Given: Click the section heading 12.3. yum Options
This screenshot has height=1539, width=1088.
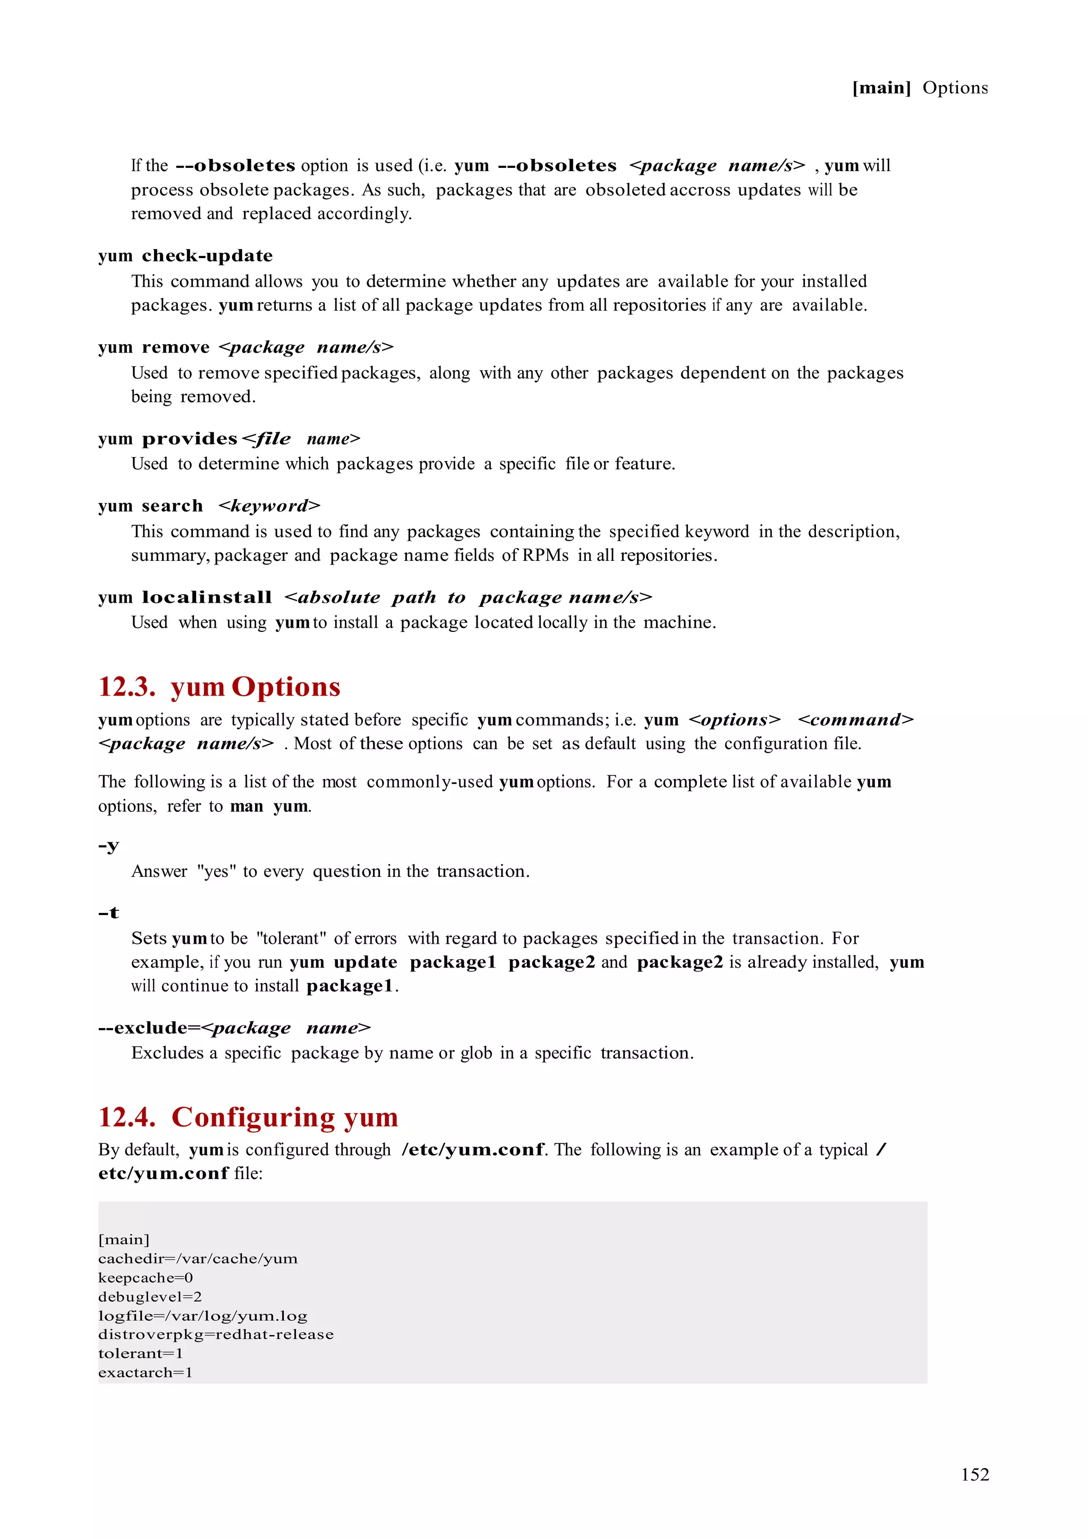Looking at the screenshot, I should click(x=219, y=687).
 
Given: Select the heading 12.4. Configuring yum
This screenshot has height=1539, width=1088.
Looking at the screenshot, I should click(x=248, y=1117).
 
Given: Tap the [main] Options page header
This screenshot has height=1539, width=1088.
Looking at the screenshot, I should click(x=919, y=88).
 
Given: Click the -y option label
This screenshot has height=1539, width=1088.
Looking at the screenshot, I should click(x=108, y=845).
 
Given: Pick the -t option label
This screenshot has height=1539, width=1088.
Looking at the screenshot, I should click(x=108, y=913).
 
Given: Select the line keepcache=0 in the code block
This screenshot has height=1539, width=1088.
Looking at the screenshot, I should click(x=146, y=1278).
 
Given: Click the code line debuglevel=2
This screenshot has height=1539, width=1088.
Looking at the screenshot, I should click(x=149, y=1296).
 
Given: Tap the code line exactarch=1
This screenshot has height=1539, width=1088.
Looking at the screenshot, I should click(x=145, y=1372).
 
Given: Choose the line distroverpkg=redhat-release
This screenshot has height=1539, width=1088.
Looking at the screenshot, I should click(x=215, y=1334).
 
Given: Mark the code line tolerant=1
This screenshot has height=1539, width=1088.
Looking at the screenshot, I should click(x=140, y=1353).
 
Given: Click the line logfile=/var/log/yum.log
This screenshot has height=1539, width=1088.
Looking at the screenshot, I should click(x=202, y=1316).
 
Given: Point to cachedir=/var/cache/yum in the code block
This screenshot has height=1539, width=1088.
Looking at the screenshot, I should click(x=198, y=1259).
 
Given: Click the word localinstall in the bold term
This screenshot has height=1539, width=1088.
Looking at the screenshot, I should click(x=207, y=597).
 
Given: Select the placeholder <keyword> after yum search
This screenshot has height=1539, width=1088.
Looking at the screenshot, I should click(x=269, y=506).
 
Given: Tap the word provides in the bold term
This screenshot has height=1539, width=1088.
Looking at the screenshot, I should click(x=190, y=439).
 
